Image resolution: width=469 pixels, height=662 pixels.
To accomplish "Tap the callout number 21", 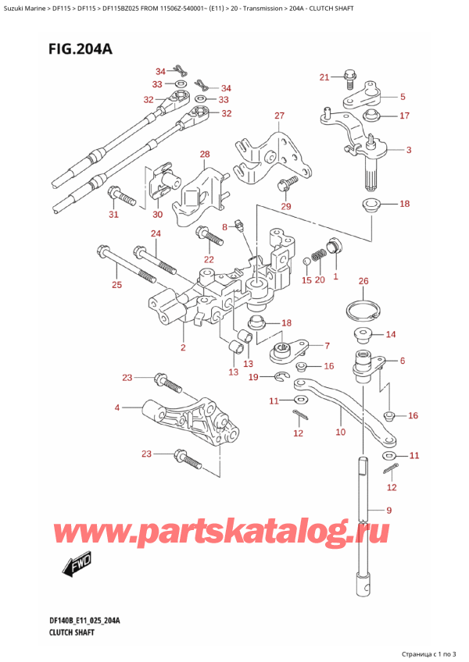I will (x=325, y=77).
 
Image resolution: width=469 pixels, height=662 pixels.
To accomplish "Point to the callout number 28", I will (x=205, y=155).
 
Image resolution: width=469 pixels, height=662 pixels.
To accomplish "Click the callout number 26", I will (x=362, y=281).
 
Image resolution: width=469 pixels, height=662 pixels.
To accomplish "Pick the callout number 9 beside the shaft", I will (x=389, y=512).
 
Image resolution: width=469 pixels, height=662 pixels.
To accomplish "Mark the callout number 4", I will (x=117, y=408).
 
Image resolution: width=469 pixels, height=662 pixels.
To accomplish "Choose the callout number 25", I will (x=116, y=284).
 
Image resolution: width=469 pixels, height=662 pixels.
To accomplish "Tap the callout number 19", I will (x=252, y=378).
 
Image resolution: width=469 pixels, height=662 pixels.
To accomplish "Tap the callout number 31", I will (x=113, y=215).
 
